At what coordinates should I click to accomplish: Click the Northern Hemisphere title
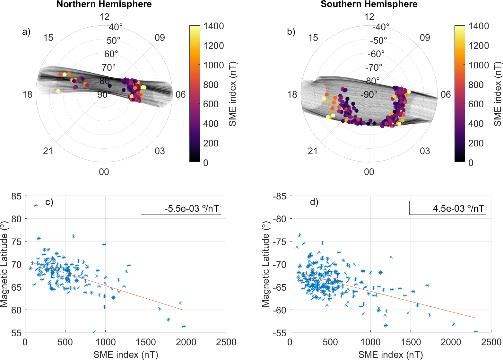pos(104,4)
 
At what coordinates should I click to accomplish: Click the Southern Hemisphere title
pos(369,4)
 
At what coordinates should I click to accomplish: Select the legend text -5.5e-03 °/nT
pos(192,208)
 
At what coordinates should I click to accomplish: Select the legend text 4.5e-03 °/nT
pos(458,208)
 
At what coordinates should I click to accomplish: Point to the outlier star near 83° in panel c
pos(36,205)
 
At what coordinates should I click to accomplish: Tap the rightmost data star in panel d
pos(476,331)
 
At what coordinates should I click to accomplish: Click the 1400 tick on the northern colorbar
pos(213,26)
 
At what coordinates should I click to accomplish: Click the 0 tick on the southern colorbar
pos(471,163)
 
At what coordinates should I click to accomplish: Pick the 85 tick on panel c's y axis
pos(16,196)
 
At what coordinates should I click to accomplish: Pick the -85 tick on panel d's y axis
pos(280,196)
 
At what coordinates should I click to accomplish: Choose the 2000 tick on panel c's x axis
pos(186,342)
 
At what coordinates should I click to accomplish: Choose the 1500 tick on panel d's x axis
pos(411,342)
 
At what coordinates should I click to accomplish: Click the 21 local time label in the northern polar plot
pos(48,151)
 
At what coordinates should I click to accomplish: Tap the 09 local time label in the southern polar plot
pos(425,38)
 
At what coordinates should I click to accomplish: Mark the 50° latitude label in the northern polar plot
pos(114,40)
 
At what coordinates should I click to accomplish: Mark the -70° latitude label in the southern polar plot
pos(374,67)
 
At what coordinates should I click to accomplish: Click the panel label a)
pos(26,32)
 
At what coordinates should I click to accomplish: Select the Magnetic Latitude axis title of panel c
pos(4,264)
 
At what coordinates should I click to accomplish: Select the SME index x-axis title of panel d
pos(390,355)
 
